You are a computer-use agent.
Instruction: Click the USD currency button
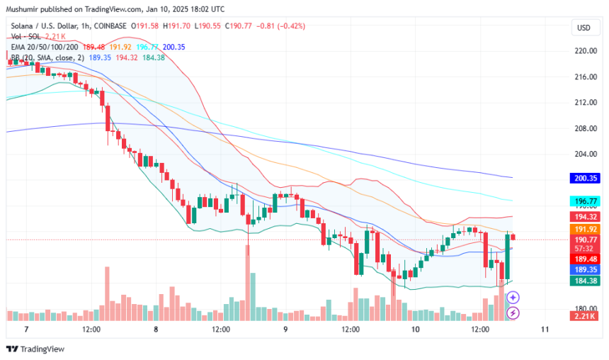point(584,28)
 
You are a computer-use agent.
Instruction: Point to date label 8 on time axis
point(155,330)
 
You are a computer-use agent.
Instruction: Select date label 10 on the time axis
point(415,330)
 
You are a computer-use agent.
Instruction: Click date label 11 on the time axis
point(545,330)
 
